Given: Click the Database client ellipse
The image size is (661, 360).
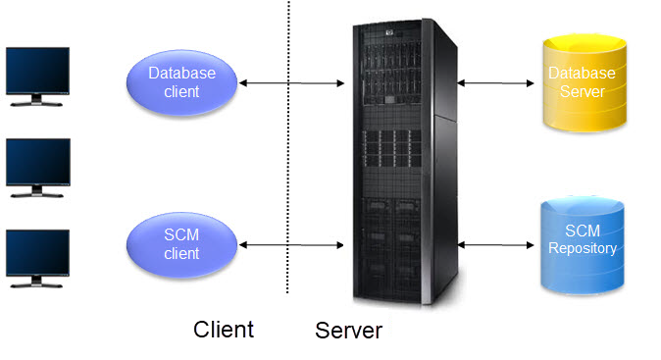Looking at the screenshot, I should [x=182, y=82].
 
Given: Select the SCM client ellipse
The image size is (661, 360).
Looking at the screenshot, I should [x=182, y=243].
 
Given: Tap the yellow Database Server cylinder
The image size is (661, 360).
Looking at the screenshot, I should [x=582, y=82].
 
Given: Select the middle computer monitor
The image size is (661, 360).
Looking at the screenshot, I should [x=37, y=162].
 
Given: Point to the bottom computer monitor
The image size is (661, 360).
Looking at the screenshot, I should [x=37, y=253].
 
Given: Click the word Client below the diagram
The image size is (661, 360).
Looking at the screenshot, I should [x=224, y=330].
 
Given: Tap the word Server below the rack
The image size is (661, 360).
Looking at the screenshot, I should [x=348, y=331].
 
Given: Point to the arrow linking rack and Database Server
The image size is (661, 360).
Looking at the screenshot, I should [x=495, y=82].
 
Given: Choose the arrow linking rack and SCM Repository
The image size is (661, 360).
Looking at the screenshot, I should [x=495, y=243].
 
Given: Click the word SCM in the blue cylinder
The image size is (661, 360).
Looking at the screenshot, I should [x=582, y=231].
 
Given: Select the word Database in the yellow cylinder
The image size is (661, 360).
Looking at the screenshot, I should [x=582, y=74].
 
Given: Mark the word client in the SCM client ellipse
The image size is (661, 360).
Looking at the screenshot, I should [x=182, y=253].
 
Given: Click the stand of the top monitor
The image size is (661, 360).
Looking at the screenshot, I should [x=37, y=101].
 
